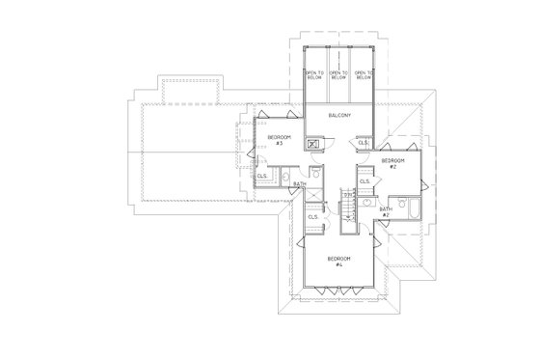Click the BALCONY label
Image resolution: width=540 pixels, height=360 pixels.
coord(338,116)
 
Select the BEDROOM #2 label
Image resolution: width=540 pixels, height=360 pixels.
coord(391,162)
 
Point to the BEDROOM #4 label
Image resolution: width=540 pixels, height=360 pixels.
coord(338,261)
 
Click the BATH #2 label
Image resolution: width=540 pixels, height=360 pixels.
coord(385,211)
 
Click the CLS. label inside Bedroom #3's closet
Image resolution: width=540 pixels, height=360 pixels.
coord(262,177)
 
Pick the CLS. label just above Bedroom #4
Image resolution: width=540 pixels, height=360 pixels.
coord(313,217)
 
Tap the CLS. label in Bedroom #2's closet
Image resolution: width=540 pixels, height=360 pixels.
coord(364,180)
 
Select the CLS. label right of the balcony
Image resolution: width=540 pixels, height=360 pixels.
coord(364,142)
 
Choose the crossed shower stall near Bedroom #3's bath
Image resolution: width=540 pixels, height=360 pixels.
coord(313,193)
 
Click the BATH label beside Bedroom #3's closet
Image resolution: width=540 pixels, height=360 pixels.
coord(300,182)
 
